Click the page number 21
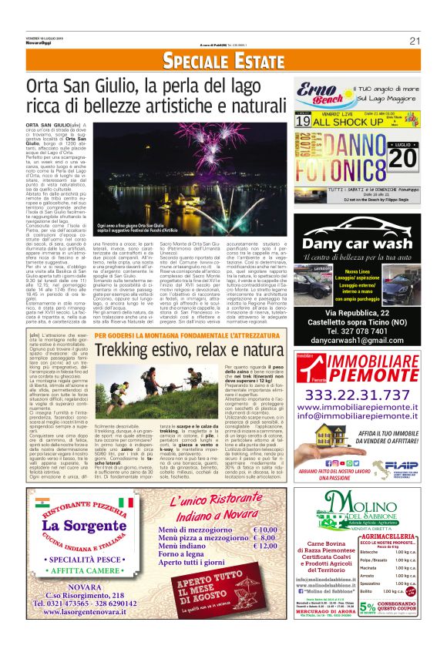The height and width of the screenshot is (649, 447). pos(415,41)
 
